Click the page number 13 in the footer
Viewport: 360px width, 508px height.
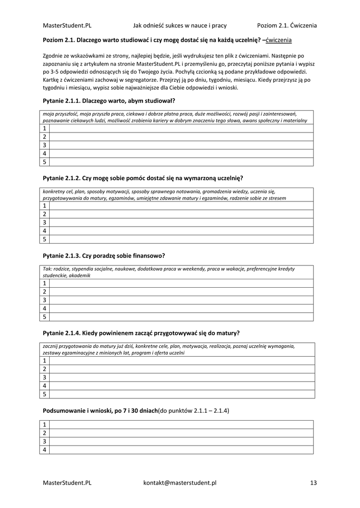click(x=313, y=482)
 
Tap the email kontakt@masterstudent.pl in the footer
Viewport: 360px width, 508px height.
click(x=180, y=482)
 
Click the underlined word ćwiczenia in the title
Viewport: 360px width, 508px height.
click(x=279, y=40)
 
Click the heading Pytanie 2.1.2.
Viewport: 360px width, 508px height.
click(x=143, y=178)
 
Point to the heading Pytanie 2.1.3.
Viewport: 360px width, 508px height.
click(x=104, y=255)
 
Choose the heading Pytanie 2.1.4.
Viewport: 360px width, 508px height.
click(x=142, y=333)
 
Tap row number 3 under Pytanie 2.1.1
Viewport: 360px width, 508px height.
click(x=44, y=145)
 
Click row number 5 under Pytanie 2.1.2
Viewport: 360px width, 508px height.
click(x=44, y=239)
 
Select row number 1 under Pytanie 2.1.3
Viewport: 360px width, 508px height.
click(x=44, y=283)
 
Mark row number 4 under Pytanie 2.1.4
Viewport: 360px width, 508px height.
click(x=44, y=385)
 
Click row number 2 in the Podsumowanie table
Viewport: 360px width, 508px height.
click(x=44, y=433)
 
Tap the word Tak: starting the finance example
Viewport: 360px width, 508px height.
click(x=48, y=269)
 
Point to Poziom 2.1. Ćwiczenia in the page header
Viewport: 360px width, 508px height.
click(x=287, y=25)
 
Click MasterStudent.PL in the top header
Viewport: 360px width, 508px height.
click(x=67, y=25)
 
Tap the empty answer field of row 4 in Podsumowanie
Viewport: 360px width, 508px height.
click(x=181, y=449)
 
